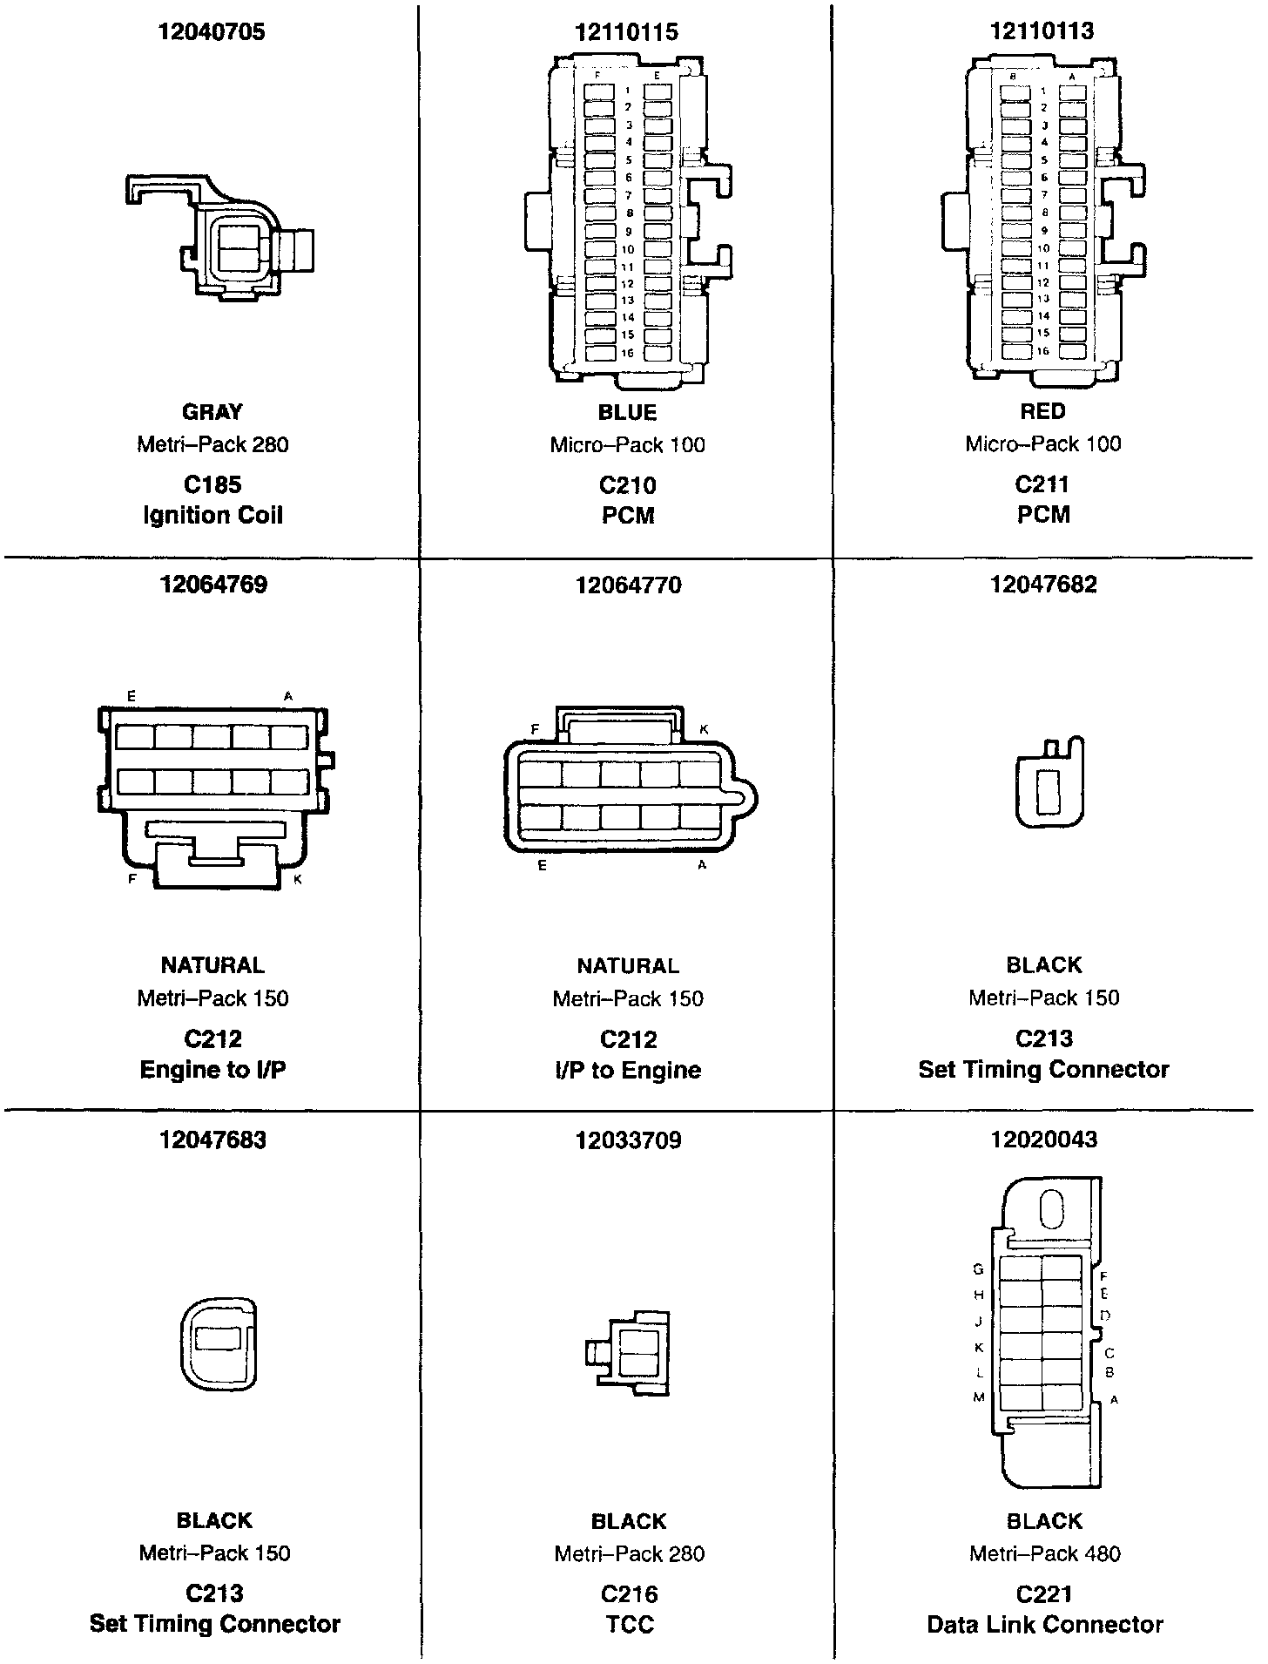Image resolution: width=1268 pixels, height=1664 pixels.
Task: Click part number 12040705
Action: click(212, 32)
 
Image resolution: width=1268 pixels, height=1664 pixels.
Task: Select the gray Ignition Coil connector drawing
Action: click(222, 239)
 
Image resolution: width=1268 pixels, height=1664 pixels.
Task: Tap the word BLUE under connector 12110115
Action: click(627, 412)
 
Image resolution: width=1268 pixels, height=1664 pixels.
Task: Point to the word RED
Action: click(1042, 411)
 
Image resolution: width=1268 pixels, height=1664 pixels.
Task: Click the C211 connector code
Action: click(1042, 484)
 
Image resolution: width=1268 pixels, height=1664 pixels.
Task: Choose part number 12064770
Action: click(628, 585)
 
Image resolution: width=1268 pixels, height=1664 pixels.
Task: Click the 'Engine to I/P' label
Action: click(212, 1070)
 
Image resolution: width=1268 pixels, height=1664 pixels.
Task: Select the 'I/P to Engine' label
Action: click(627, 1070)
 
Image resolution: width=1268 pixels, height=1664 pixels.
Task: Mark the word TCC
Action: click(628, 1625)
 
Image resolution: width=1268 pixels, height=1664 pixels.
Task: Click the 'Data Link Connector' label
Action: click(1044, 1625)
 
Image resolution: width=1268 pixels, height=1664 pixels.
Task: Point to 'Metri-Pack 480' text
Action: click(1044, 1553)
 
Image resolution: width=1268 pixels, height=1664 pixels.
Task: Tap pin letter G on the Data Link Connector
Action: click(978, 1269)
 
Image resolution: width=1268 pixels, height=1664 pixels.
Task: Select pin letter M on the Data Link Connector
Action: click(978, 1397)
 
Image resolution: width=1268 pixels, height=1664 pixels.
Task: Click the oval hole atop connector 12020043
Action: click(1052, 1211)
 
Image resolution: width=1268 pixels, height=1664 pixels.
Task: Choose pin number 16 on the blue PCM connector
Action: click(627, 354)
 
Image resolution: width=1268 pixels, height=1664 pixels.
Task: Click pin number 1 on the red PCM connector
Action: click(1043, 91)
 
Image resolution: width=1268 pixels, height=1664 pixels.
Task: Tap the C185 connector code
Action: click(212, 485)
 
